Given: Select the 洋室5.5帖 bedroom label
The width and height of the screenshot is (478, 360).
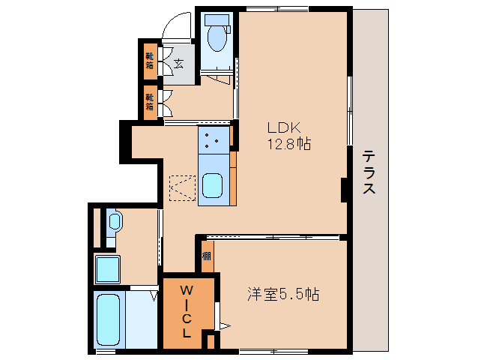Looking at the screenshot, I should pyautogui.click(x=283, y=294).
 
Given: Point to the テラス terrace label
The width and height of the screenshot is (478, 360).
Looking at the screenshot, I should pyautogui.click(x=369, y=173).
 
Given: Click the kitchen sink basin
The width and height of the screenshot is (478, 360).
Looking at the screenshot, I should pyautogui.click(x=212, y=184).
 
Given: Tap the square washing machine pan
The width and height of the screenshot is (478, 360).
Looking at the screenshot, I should pyautogui.click(x=109, y=268).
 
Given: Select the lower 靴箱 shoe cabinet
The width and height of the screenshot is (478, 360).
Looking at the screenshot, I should pyautogui.click(x=151, y=101).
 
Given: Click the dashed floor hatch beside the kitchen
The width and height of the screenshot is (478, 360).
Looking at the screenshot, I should pyautogui.click(x=181, y=189).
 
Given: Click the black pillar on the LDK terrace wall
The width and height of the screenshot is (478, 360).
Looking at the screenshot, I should pyautogui.click(x=345, y=190).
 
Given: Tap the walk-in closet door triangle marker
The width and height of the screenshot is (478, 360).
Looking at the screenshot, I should pyautogui.click(x=223, y=325).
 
